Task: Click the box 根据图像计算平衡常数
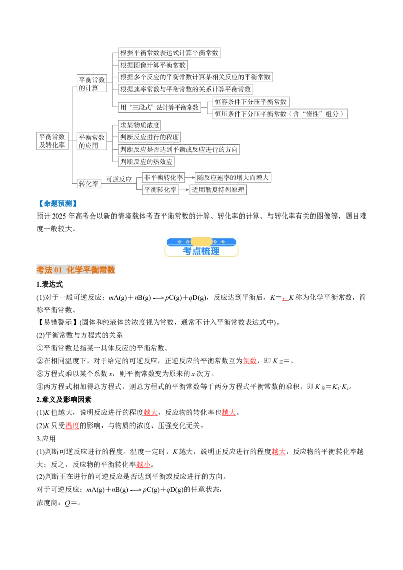click(x=153, y=65)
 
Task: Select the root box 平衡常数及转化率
click(x=52, y=141)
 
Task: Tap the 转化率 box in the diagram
click(x=88, y=184)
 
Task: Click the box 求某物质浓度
click(x=140, y=125)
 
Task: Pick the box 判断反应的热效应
click(x=146, y=161)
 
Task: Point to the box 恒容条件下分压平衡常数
click(x=250, y=102)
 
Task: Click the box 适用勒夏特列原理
click(x=218, y=190)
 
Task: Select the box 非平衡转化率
click(x=163, y=177)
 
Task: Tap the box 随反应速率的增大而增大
click(x=233, y=177)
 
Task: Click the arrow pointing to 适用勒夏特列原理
click(x=184, y=190)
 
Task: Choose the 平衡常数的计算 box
click(x=92, y=83)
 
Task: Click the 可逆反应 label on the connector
click(x=119, y=179)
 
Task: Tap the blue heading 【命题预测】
click(x=57, y=204)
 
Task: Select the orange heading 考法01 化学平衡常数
click(x=76, y=270)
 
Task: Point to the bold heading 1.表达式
click(x=50, y=284)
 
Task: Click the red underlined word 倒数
click(x=250, y=361)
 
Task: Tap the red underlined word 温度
click(x=73, y=425)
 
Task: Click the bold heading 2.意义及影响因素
click(x=63, y=399)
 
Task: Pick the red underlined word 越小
click(x=143, y=465)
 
